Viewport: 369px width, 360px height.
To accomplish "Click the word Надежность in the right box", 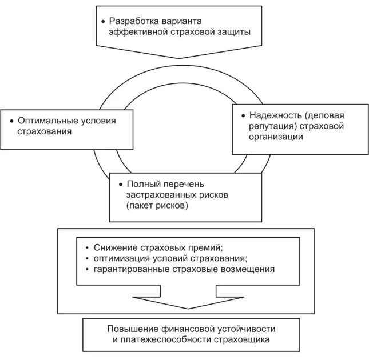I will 270,115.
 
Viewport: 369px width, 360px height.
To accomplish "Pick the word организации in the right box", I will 276,137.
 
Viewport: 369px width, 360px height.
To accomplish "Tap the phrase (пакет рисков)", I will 157,206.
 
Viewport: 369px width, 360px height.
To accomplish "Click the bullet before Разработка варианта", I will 104,21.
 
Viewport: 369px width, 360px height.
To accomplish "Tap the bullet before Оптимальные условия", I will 12,121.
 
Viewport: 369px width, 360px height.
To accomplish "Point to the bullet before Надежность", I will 243,115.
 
